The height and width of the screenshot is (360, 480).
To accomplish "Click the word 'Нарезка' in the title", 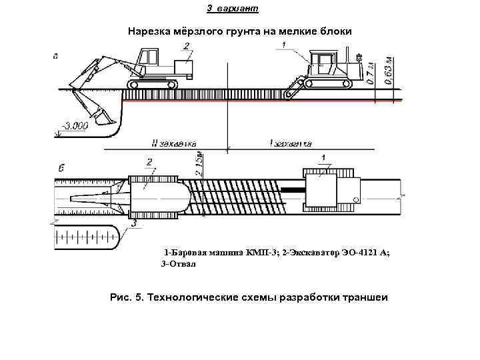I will [x=149, y=32].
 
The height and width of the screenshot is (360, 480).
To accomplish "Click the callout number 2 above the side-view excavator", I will [x=187, y=45].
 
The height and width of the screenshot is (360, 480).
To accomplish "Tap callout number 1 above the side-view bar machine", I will [x=284, y=45].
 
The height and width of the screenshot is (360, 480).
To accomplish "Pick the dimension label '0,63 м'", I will [x=389, y=71].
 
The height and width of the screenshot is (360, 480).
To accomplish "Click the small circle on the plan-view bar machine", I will [x=356, y=199].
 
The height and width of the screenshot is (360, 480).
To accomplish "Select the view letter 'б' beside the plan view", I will [x=61, y=167].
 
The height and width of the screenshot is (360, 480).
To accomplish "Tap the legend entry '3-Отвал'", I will [x=179, y=264].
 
